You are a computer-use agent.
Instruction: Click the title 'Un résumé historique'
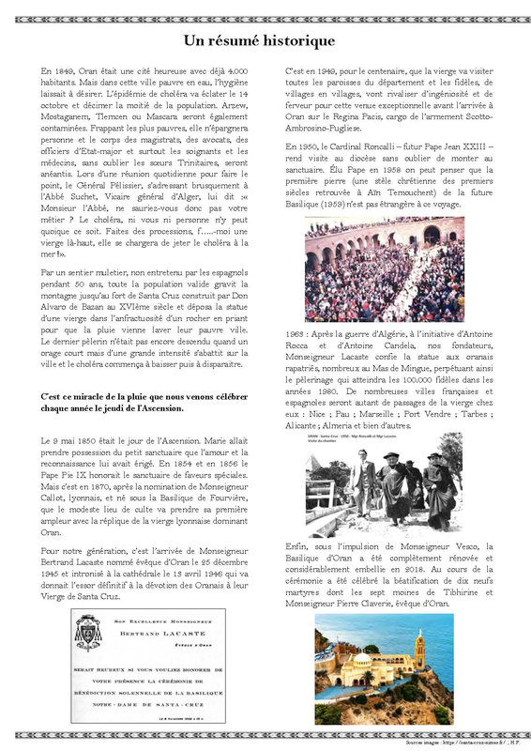tap(258, 40)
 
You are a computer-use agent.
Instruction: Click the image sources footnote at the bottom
tap(458, 742)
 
